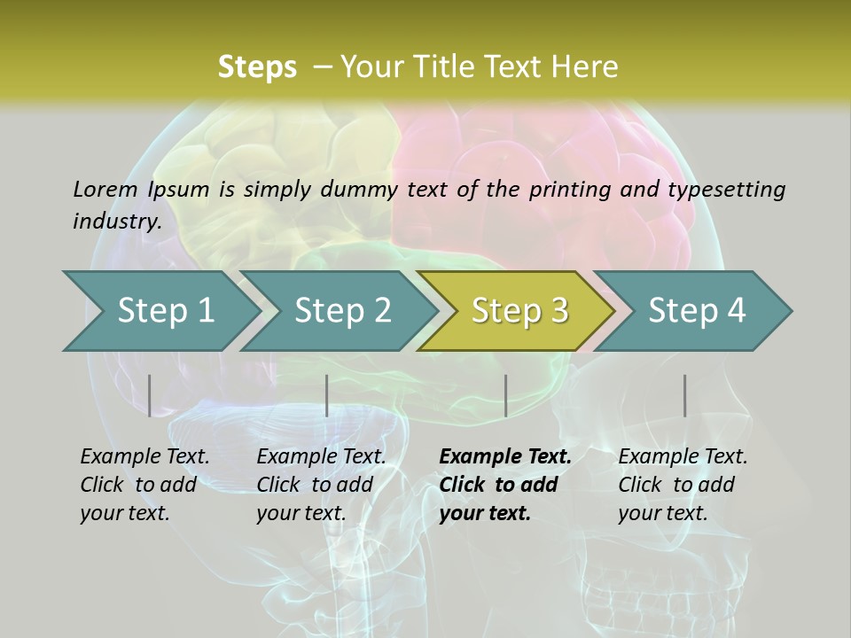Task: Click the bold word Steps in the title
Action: pyautogui.click(x=257, y=66)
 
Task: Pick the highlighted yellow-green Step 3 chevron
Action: pyautogui.click(x=519, y=310)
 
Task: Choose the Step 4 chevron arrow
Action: pyautogui.click(x=697, y=310)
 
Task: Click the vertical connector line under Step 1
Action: pyautogui.click(x=150, y=395)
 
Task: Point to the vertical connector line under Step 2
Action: pyautogui.click(x=327, y=395)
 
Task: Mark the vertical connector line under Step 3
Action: pyautogui.click(x=505, y=395)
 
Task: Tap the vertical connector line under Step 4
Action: pyautogui.click(x=684, y=395)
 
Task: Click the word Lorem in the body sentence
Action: pyautogui.click(x=105, y=189)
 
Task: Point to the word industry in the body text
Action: pyautogui.click(x=117, y=221)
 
